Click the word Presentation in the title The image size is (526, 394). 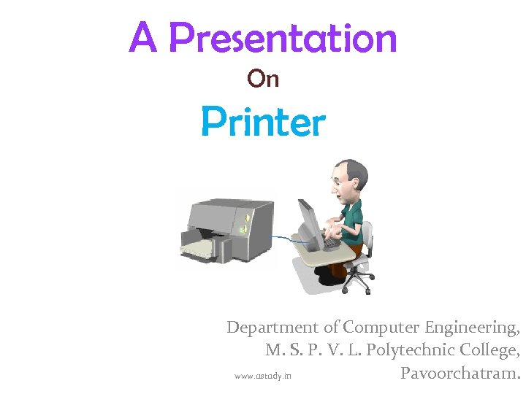[283, 39]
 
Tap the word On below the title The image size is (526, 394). [263, 78]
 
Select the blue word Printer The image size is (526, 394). [263, 122]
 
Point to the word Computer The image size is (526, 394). [378, 328]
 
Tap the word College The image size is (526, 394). [490, 351]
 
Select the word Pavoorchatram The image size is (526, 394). [460, 374]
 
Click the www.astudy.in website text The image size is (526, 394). [262, 376]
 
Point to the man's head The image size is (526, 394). [347, 179]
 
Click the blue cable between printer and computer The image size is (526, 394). [281, 238]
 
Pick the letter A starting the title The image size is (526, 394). [142, 39]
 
